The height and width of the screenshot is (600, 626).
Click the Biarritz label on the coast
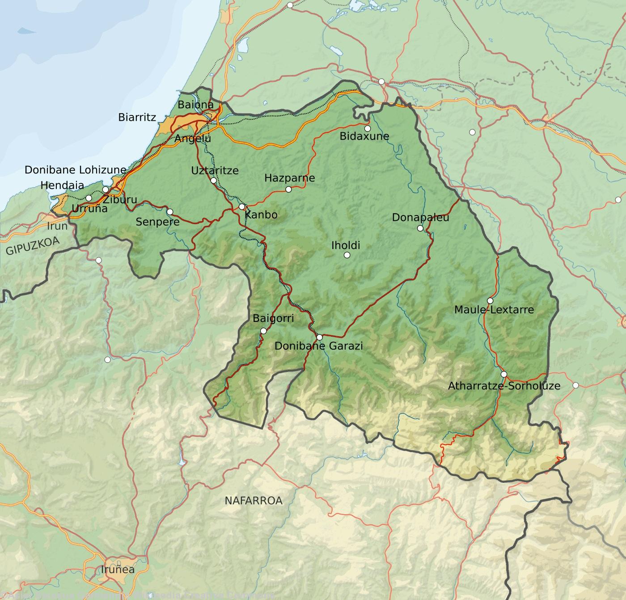pos(137,118)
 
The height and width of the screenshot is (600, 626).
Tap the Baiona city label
pos(195,105)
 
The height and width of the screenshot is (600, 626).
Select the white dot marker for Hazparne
pos(288,190)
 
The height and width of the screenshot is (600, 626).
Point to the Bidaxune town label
pos(364,136)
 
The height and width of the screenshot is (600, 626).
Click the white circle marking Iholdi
pos(347,255)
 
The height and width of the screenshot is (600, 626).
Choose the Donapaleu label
pos(420,218)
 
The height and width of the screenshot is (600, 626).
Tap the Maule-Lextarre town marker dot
pos(490,300)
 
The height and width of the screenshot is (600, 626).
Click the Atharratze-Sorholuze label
pos(504,386)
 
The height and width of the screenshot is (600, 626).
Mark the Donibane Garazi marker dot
pos(319,337)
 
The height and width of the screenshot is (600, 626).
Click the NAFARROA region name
pos(254,501)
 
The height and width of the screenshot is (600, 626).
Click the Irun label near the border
pos(57,226)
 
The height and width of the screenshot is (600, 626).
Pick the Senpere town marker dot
pos(170,212)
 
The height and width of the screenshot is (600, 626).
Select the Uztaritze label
pos(215,170)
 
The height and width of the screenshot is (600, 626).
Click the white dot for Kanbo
pos(241,207)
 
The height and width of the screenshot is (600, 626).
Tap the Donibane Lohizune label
pos(76,170)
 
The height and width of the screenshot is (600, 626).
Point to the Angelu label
pos(193,139)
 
